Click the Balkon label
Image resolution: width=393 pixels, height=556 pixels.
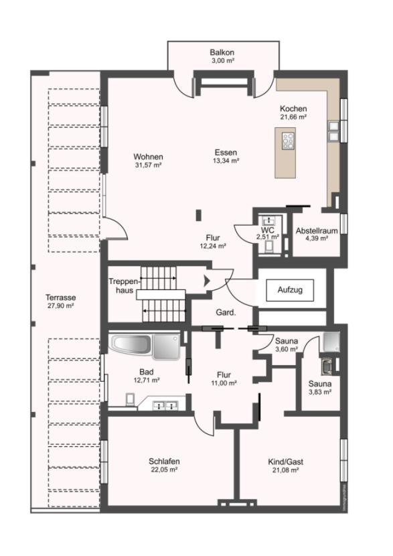[x=222, y=52]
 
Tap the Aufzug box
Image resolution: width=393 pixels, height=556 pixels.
[x=290, y=290]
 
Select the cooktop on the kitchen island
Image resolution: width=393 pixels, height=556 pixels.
[x=288, y=141]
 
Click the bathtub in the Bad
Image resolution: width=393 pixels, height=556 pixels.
[x=131, y=344]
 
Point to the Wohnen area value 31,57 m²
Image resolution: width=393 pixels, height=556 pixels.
[x=148, y=165]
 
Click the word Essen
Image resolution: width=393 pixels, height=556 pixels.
[x=226, y=153]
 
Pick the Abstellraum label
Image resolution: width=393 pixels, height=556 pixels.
[x=317, y=231]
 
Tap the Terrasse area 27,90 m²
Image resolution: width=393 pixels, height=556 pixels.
[x=61, y=305]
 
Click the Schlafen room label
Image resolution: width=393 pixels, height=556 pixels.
[x=164, y=462]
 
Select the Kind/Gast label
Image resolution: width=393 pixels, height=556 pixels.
[x=285, y=462]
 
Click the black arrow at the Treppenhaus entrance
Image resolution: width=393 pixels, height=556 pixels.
[x=207, y=281]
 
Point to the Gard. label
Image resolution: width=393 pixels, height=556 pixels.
[x=226, y=313]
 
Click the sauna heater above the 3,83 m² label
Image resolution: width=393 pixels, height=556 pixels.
[x=326, y=366]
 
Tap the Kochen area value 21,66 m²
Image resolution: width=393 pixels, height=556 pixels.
[x=293, y=117]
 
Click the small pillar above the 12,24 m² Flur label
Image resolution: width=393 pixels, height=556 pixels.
[x=199, y=216]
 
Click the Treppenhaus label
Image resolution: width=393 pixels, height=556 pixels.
[x=123, y=286]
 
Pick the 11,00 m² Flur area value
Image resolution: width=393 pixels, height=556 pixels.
[x=224, y=383]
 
